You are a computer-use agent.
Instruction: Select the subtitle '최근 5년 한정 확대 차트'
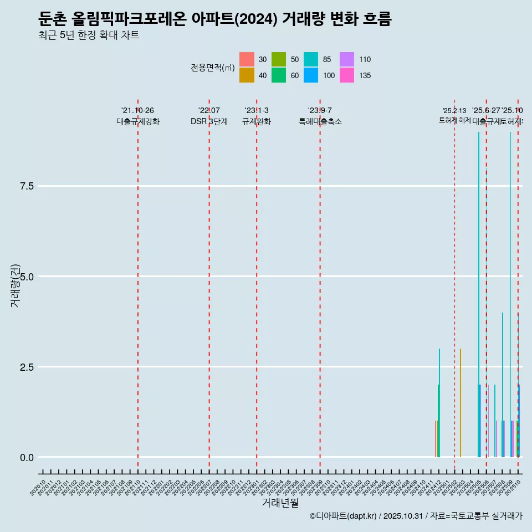(89, 35)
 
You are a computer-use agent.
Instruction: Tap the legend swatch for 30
(247, 59)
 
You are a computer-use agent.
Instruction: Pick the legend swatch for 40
(247, 75)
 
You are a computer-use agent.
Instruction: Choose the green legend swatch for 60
(279, 75)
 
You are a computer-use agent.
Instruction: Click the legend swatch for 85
(311, 59)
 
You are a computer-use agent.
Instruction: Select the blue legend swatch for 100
(311, 75)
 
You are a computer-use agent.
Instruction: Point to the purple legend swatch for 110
(347, 59)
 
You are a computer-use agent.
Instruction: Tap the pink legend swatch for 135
(347, 75)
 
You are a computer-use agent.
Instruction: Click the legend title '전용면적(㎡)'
(213, 68)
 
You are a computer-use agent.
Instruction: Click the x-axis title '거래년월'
(280, 503)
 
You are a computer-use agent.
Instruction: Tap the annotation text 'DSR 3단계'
(209, 122)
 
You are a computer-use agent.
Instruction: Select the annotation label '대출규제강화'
(137, 122)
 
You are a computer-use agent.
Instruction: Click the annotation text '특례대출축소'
(320, 122)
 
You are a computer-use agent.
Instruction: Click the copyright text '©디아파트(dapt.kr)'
(344, 516)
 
